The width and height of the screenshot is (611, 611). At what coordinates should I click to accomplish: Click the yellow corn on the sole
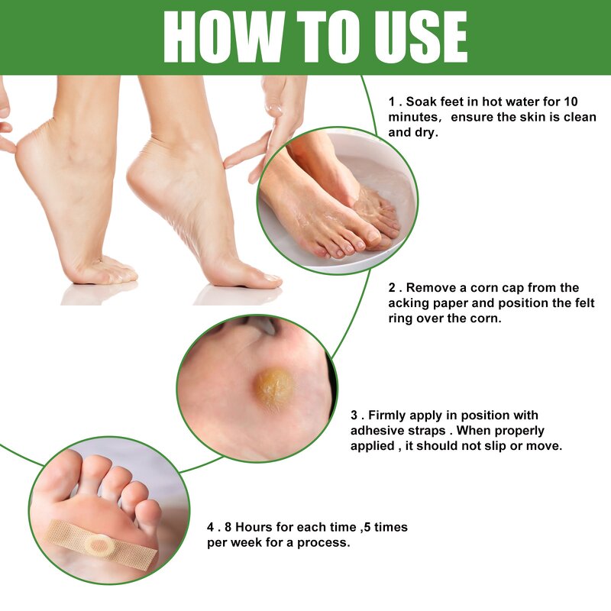click(275, 388)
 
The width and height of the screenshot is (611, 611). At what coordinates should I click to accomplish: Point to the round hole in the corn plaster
click(99, 544)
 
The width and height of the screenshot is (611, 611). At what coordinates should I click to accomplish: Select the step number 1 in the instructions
click(391, 102)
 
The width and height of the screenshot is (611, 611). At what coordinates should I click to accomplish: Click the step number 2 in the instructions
click(391, 288)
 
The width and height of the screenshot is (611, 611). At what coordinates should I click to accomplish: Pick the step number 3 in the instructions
click(354, 415)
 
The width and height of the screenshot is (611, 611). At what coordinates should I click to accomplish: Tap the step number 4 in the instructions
click(211, 527)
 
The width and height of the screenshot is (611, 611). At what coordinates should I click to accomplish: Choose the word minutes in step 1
click(412, 117)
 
